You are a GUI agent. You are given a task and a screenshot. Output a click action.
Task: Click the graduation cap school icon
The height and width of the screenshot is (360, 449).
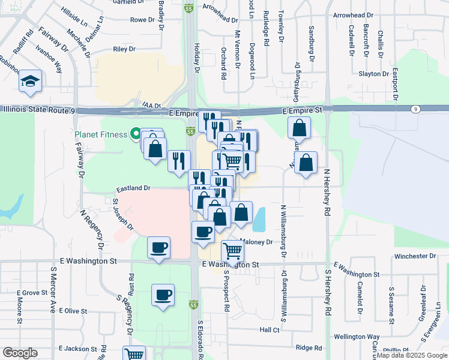29,82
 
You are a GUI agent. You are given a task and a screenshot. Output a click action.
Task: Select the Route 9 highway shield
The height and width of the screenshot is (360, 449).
415,109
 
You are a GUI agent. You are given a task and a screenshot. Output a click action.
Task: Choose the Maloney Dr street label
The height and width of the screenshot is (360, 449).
258,242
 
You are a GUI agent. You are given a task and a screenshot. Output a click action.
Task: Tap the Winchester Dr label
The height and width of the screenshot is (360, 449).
415,256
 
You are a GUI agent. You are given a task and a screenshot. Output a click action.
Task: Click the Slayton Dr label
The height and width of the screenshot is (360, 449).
374,74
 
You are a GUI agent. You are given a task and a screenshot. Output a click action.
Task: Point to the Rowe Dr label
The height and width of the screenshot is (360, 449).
142,20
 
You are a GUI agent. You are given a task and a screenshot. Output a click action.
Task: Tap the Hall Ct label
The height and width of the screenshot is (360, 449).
270,330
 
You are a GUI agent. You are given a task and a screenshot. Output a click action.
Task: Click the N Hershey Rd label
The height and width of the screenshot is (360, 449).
327,191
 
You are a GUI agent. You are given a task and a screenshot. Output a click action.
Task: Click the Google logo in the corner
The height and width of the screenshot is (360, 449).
20,353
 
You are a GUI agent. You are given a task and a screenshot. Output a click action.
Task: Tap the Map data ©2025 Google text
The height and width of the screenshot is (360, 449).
412,356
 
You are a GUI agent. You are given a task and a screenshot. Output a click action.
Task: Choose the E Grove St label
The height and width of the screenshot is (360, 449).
32,293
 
